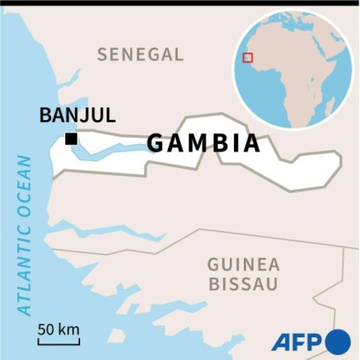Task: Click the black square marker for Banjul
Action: point(71,139)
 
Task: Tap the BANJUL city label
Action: point(77,115)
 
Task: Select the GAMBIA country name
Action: point(203,142)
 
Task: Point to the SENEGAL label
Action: point(140,54)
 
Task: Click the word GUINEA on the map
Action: point(244,265)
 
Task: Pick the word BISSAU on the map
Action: point(244,284)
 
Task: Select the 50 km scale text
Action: point(58,329)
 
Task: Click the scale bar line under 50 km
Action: point(58,343)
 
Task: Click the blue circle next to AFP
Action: point(338,342)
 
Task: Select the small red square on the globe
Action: point(247,58)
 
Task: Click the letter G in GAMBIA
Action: point(156,142)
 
